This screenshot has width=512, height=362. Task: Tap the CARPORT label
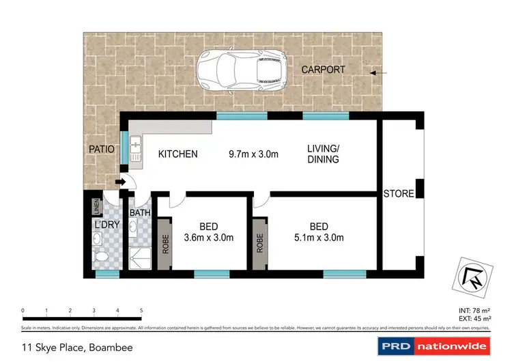[324, 70]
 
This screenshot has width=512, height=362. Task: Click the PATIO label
[101, 148]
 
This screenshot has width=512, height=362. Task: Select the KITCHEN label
[177, 154]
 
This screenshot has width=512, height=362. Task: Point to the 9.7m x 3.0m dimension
[253, 154]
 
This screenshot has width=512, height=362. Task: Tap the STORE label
[398, 193]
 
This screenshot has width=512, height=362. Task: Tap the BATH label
[140, 213]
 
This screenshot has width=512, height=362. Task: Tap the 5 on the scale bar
[141, 309]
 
